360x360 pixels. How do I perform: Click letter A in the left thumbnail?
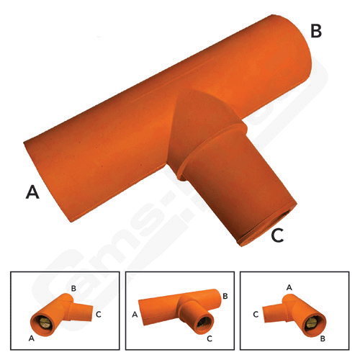tap(30, 338)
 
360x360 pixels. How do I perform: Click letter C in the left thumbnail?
tap(98, 314)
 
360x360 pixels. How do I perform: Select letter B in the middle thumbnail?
tap(225, 296)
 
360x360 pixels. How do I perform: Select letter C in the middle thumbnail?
tap(208, 338)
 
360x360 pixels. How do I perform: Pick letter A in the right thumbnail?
tap(290, 287)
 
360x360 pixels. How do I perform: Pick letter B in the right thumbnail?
tap(323, 336)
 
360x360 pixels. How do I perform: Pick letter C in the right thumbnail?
tap(256, 314)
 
